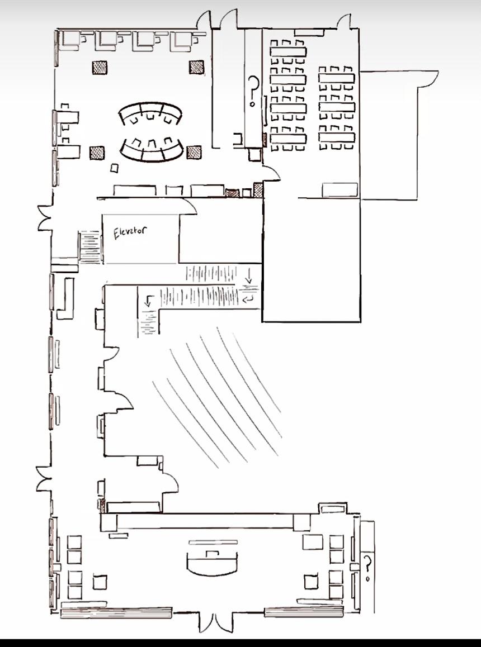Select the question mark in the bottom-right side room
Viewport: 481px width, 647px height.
click(367, 565)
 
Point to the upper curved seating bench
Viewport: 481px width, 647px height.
click(150, 114)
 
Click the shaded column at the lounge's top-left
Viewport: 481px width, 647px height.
click(100, 68)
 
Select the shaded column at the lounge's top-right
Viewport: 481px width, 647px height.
click(196, 67)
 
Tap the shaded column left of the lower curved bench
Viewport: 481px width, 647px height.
click(97, 153)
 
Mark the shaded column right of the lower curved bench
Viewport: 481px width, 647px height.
click(194, 152)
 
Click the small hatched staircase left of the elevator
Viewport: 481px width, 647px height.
click(90, 248)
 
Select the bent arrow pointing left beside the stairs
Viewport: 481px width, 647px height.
click(249, 299)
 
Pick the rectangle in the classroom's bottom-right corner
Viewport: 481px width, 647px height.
click(339, 190)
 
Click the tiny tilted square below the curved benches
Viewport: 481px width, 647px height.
click(114, 168)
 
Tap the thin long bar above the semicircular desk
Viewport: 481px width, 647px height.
click(213, 542)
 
